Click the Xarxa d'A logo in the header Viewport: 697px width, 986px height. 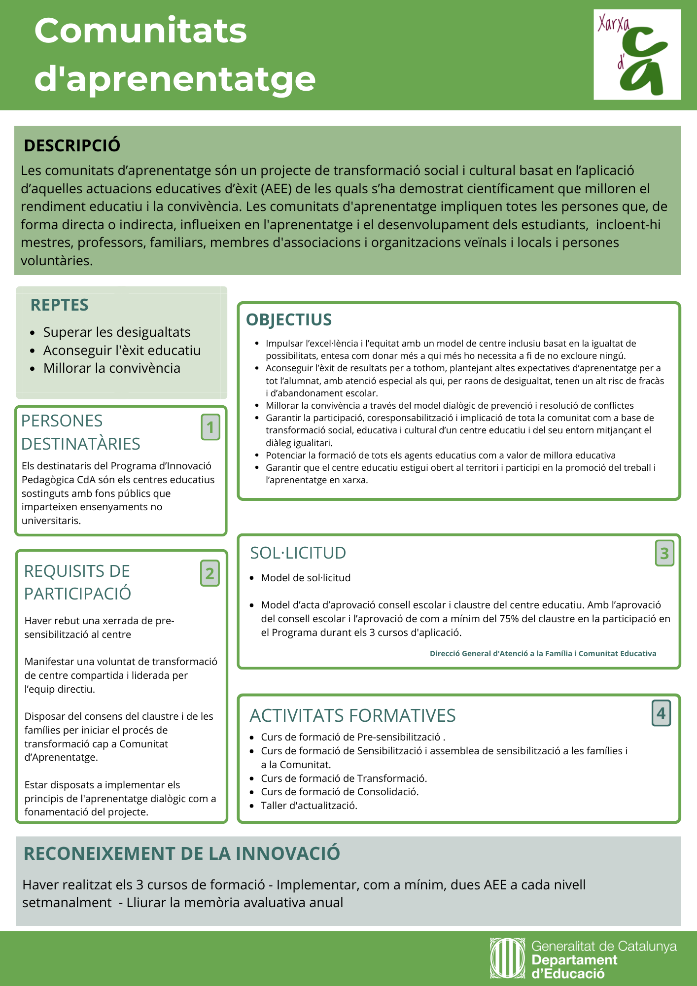pos(637,54)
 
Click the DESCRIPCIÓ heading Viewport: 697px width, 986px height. pos(72,145)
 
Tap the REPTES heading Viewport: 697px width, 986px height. pos(60,305)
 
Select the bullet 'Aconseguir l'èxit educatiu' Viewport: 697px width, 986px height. pos(122,350)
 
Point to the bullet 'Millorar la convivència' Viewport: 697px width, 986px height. pos(111,368)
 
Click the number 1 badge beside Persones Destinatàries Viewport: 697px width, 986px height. pos(210,427)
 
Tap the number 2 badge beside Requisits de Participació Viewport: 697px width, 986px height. pos(210,573)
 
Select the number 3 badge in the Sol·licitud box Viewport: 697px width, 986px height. pos(664,553)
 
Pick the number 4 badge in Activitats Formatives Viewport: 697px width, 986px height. pos(661,713)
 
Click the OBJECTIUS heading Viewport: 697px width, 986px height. pos(289,319)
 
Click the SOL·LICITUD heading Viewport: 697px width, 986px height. pos(298,553)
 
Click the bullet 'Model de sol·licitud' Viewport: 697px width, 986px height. pos(306,578)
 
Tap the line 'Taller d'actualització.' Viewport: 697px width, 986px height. pos(309,806)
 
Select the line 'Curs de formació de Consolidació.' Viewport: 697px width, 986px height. pos(340,792)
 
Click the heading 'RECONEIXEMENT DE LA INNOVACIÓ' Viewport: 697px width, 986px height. pos(182,853)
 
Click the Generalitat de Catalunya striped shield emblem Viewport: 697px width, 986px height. pos(508,958)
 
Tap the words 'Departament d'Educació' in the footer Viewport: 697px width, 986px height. pos(574,967)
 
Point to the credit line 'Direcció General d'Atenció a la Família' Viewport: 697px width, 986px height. pos(543,654)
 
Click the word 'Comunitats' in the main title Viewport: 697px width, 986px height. pos(140,31)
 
